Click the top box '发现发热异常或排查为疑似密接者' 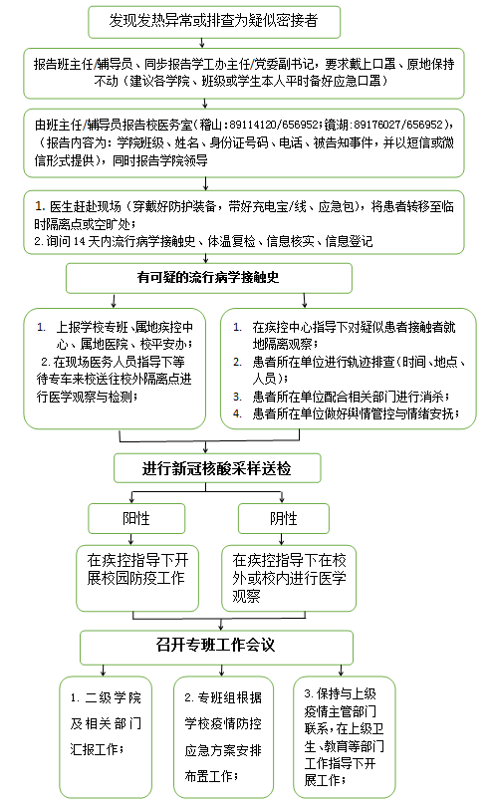(x=214, y=22)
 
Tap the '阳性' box (x=136, y=518)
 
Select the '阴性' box (x=283, y=518)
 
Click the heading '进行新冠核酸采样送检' (x=217, y=468)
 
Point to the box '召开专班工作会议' (x=216, y=647)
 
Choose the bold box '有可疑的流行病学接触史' (x=209, y=278)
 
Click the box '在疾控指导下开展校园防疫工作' (x=137, y=578)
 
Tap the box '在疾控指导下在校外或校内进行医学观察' (x=289, y=578)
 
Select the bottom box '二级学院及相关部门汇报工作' (x=106, y=737)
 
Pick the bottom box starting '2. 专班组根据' (x=223, y=737)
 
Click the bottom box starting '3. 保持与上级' (x=345, y=737)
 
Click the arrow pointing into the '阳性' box (x=132, y=497)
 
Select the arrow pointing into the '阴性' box (x=282, y=497)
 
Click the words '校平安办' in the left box (x=163, y=345)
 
